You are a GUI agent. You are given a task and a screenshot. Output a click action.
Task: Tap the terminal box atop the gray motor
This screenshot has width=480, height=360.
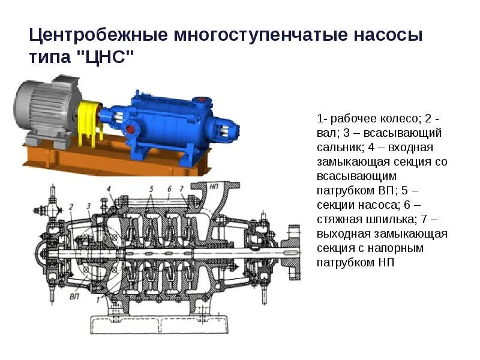coord(67,82)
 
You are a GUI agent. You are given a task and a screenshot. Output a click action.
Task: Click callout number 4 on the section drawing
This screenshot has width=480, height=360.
coord(109,190)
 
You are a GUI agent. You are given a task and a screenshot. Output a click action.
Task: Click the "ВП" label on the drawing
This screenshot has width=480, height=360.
coord(75,296)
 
